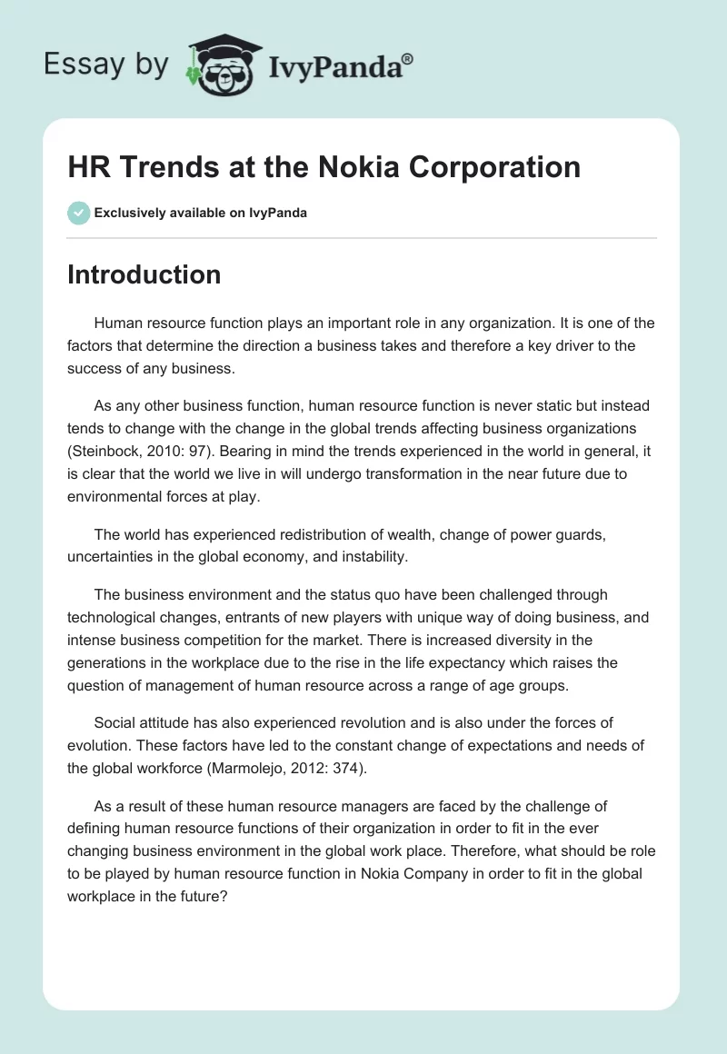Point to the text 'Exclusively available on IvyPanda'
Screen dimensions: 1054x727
[200, 213]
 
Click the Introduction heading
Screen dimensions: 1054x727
[144, 274]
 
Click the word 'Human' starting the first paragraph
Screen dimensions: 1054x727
[116, 323]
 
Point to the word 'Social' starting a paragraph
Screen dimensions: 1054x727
[113, 722]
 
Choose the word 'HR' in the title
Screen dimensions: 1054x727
[86, 167]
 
